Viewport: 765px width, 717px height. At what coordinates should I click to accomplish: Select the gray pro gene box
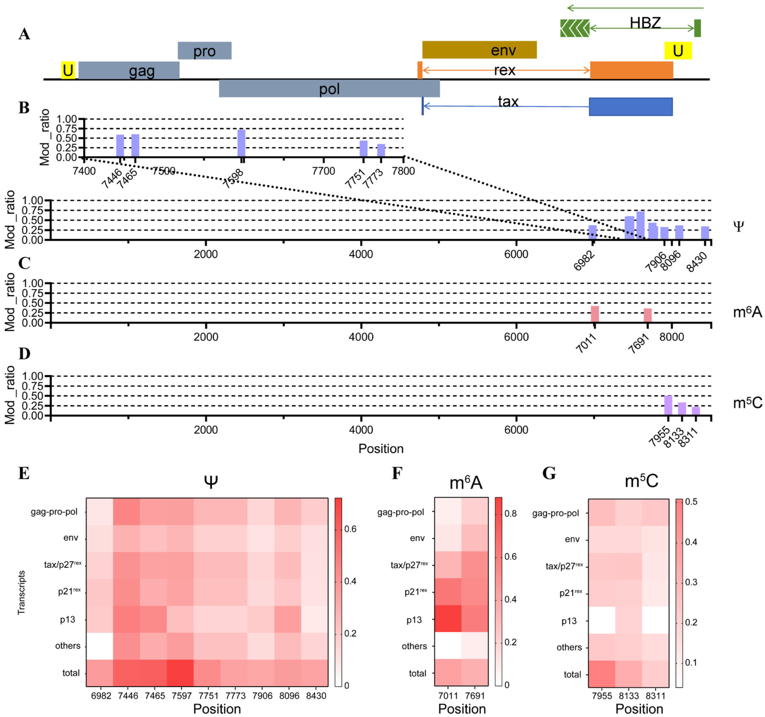pos(204,51)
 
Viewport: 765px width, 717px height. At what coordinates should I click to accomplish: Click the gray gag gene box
pos(129,70)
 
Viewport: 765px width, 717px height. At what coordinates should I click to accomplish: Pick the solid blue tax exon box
pos(631,107)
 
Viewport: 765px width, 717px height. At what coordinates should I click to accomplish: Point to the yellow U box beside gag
pos(68,70)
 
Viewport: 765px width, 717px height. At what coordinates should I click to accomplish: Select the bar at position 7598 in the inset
pos(241,143)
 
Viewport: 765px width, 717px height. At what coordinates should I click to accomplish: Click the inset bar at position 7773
pos(381,150)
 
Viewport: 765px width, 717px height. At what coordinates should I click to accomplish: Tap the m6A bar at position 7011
pos(595,314)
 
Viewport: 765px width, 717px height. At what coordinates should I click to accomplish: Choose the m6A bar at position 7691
pos(648,315)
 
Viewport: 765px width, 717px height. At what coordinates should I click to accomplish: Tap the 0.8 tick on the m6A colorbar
pos(510,513)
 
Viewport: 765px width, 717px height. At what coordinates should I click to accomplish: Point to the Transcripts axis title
pos(22,592)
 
